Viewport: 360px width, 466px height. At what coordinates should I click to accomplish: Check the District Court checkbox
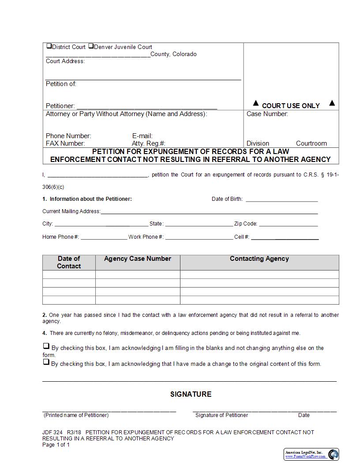pyautogui.click(x=49, y=46)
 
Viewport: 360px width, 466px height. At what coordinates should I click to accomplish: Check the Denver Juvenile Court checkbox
pyautogui.click(x=91, y=46)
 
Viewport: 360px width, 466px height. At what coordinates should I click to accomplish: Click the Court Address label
pyautogui.click(x=65, y=61)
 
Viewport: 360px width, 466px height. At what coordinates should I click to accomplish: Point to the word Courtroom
pyautogui.click(x=311, y=143)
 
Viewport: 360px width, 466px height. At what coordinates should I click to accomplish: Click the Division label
pyautogui.click(x=258, y=143)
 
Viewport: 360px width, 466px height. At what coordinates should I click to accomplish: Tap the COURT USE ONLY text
pyautogui.click(x=291, y=106)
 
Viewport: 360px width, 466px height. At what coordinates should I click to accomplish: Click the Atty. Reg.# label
pyautogui.click(x=148, y=143)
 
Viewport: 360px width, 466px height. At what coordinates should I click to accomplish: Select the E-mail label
pyautogui.click(x=142, y=136)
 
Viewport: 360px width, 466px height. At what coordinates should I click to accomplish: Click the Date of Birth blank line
pyautogui.click(x=281, y=199)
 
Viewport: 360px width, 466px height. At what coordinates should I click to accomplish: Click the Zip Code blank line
pyautogui.click(x=288, y=224)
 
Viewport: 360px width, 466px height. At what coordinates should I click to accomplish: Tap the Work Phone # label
pyautogui.click(x=146, y=237)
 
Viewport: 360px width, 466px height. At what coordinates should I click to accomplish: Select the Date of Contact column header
pyautogui.click(x=69, y=262)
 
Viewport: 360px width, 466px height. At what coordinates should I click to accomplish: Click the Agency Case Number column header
pyautogui.click(x=138, y=259)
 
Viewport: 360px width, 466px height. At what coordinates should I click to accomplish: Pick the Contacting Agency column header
pyautogui.click(x=259, y=259)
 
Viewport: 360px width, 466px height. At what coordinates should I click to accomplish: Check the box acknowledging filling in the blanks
pyautogui.click(x=46, y=346)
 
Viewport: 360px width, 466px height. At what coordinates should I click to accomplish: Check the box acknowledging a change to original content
pyautogui.click(x=46, y=362)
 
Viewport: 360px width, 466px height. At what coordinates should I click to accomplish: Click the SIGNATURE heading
pyautogui.click(x=191, y=394)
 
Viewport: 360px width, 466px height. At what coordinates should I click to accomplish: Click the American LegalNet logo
pyautogui.click(x=311, y=454)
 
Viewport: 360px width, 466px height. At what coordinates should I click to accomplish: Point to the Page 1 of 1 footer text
pyautogui.click(x=56, y=445)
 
